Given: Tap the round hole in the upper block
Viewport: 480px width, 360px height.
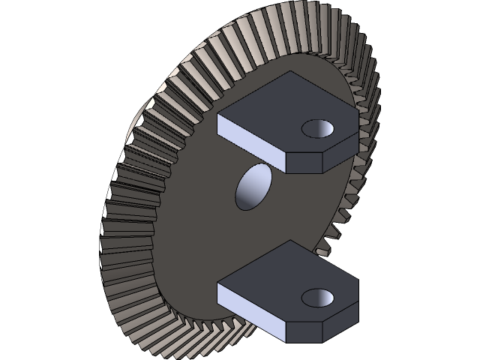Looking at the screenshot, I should [x=319, y=128].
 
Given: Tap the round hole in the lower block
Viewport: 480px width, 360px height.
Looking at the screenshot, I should [x=319, y=297].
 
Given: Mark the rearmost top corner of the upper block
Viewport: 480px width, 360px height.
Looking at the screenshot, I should [x=289, y=72].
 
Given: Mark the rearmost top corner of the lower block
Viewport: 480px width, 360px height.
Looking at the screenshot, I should [x=289, y=241].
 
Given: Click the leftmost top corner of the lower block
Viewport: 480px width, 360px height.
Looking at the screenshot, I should [x=218, y=283].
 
